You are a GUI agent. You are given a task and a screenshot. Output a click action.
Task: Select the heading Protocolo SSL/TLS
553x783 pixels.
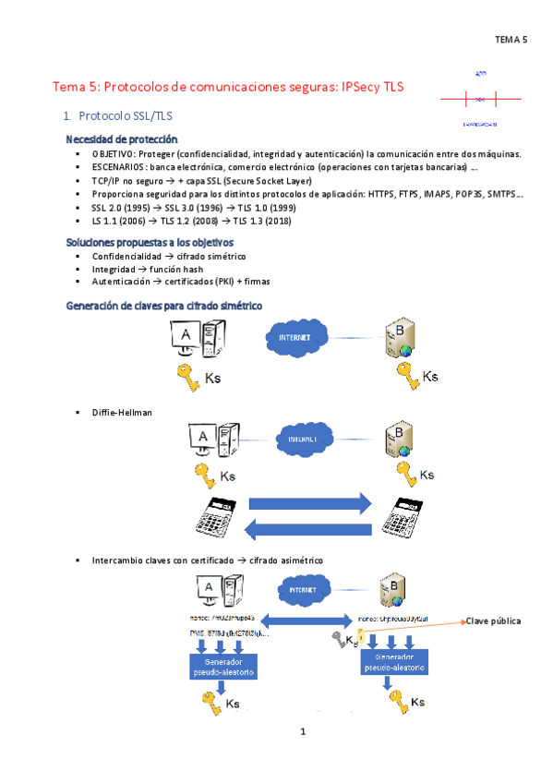click(x=125, y=117)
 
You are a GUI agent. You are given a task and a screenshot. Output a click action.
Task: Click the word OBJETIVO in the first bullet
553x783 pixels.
click(x=113, y=153)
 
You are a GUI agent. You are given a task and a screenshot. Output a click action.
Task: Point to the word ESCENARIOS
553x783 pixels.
click(x=117, y=167)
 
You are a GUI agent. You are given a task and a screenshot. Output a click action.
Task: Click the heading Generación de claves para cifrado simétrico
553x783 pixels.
click(x=163, y=305)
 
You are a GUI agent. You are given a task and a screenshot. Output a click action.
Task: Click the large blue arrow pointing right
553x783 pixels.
click(x=310, y=504)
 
